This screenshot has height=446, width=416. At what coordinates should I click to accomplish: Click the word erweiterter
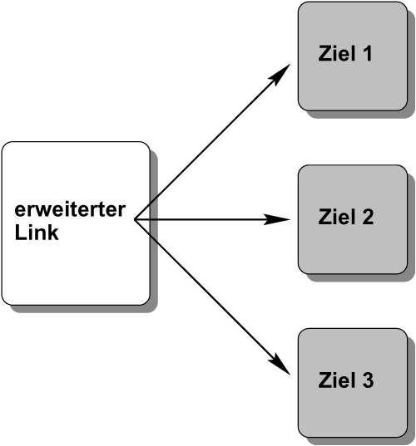pos(70,210)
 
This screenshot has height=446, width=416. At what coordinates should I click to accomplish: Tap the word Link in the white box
pos(37,233)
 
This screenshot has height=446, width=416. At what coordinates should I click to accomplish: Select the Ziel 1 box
pos(353,56)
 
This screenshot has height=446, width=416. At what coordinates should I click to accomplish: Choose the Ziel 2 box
pos(353,219)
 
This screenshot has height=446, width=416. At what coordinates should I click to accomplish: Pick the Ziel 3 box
pos(353,383)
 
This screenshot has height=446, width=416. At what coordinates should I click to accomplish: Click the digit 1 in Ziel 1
pos(368,53)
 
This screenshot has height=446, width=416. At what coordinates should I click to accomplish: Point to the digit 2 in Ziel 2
pos(367,217)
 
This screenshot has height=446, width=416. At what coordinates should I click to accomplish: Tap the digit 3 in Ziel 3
pos(367,380)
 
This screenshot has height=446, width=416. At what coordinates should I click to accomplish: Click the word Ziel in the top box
pos(337,53)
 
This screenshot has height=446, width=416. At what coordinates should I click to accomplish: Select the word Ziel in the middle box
pos(337,217)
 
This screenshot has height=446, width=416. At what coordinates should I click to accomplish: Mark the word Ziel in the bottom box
pos(337,380)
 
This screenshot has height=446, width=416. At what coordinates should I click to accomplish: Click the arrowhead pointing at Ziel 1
pos(280,73)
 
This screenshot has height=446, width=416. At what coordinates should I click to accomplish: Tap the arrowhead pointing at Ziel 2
pos(277,219)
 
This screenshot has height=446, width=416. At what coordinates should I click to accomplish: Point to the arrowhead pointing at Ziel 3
pos(280,365)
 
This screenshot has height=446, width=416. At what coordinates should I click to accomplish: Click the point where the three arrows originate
pos(135,219)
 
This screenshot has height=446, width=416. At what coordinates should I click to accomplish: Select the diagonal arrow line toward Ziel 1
pos(212,142)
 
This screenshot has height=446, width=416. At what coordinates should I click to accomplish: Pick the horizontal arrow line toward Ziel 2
pos(212,219)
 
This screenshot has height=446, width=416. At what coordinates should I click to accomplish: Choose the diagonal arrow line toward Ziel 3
pos(212,297)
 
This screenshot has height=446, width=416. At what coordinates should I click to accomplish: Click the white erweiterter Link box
pos(76,223)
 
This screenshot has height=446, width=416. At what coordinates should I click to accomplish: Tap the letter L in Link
pos(20,233)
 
